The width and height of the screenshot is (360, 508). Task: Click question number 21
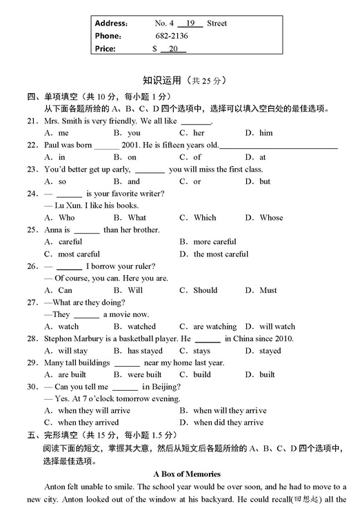(32, 121)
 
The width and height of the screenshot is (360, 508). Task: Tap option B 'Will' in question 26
(135, 290)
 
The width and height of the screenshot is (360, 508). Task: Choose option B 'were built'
(145, 375)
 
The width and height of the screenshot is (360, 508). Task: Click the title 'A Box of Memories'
(187, 474)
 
